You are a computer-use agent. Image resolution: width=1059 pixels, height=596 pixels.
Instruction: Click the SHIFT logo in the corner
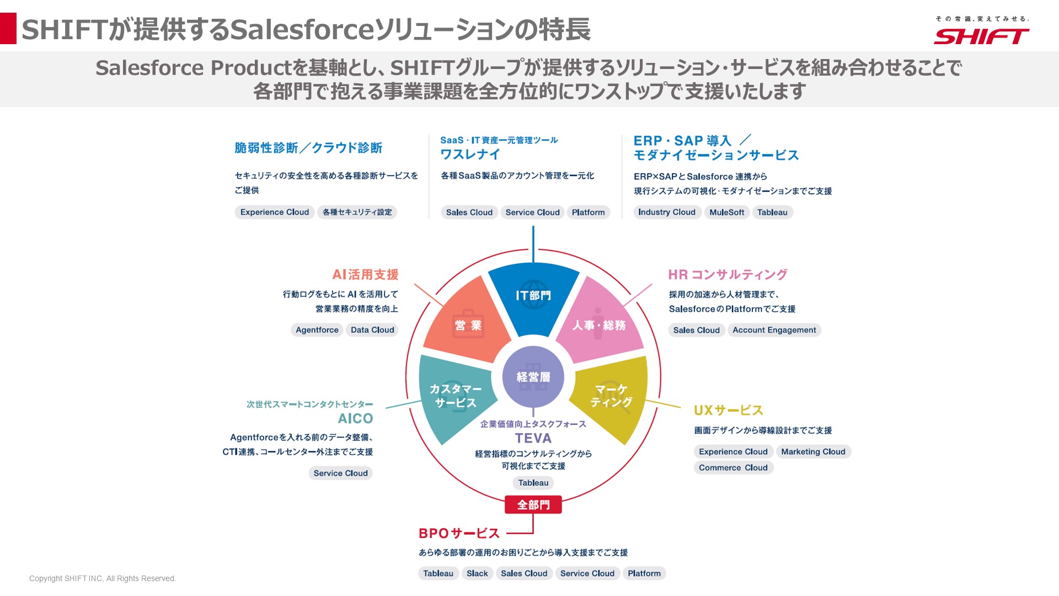click(981, 35)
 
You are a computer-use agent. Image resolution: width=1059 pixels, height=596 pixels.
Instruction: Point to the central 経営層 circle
click(533, 377)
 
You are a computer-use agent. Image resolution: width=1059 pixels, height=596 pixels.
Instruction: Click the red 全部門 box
click(533, 504)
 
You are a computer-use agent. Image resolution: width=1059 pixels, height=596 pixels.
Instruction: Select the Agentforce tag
click(317, 330)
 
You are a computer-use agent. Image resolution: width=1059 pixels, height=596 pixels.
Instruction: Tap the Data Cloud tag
click(372, 330)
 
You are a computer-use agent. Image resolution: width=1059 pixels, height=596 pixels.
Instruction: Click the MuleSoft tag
click(726, 212)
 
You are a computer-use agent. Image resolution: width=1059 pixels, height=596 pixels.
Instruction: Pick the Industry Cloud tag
click(666, 212)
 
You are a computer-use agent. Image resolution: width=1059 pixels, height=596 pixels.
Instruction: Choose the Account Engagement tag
click(774, 330)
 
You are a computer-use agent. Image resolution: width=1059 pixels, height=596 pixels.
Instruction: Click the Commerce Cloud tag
click(733, 468)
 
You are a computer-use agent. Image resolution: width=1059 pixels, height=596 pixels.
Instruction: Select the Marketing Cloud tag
click(813, 452)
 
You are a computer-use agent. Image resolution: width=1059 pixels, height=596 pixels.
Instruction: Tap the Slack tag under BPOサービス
click(477, 573)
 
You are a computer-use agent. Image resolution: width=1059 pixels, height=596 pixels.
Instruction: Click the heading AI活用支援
click(365, 275)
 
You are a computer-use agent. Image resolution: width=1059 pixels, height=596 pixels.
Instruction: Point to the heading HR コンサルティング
click(728, 275)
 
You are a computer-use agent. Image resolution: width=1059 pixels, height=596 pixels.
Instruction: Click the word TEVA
click(533, 438)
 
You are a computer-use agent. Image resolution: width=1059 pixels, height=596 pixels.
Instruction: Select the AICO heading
click(355, 418)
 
